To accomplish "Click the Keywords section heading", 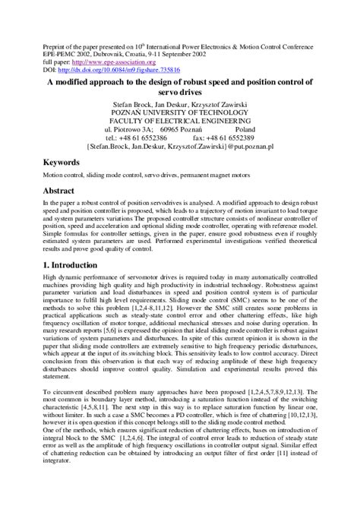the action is tap(65, 163).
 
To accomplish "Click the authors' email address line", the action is tap(180, 146).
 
